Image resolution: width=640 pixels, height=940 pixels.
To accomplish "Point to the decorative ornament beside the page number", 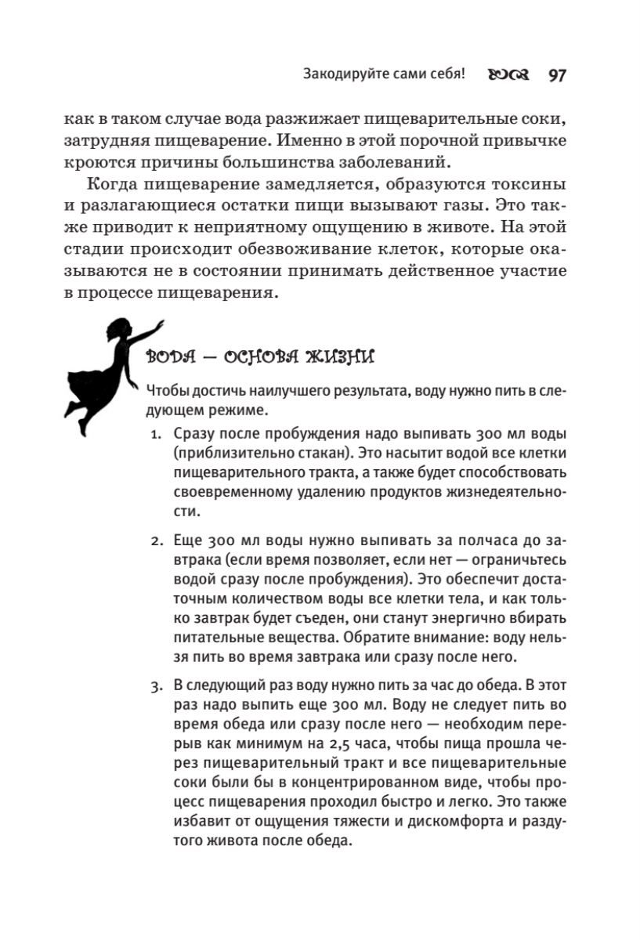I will click(508, 76).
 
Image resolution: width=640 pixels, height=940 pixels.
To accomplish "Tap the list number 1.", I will click(155, 434).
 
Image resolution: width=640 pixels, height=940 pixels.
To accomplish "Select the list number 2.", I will click(155, 541).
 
